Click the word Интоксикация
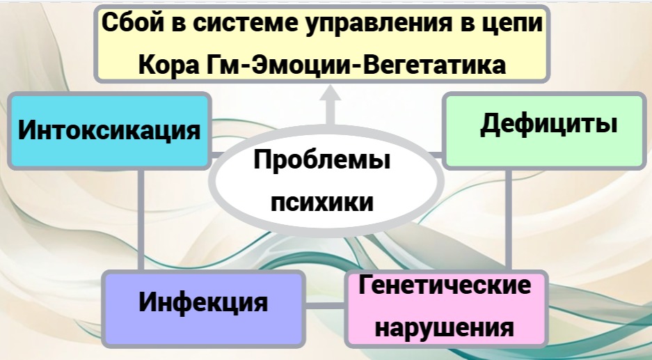pyautogui.click(x=109, y=131)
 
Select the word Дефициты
pyautogui.click(x=548, y=125)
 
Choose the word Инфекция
pyautogui.click(x=203, y=303)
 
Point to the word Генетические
pyautogui.click(x=444, y=285)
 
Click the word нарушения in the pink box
pyautogui.click(x=444, y=326)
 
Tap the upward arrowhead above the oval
pyautogui.click(x=331, y=97)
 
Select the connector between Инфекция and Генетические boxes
pyautogui.click(x=326, y=306)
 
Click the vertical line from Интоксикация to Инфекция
pyautogui.click(x=142, y=219)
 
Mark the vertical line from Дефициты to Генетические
pyautogui.click(x=509, y=219)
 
